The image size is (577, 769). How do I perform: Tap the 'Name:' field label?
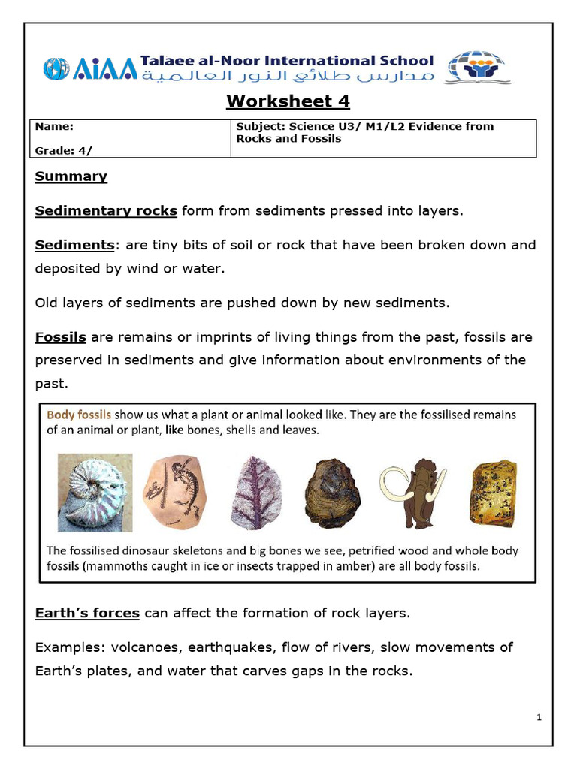point(54,127)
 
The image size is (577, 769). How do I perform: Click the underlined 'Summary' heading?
point(71,176)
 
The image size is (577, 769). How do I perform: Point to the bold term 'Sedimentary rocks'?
point(106,210)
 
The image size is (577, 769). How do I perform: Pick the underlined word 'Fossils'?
point(60,337)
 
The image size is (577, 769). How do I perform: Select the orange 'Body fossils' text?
point(79,414)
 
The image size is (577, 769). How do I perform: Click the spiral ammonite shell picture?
point(95,492)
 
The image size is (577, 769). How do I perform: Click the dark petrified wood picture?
point(331,493)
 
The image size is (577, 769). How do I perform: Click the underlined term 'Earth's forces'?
point(87,613)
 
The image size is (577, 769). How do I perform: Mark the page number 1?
point(539,718)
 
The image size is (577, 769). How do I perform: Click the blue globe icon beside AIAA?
point(56,68)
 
